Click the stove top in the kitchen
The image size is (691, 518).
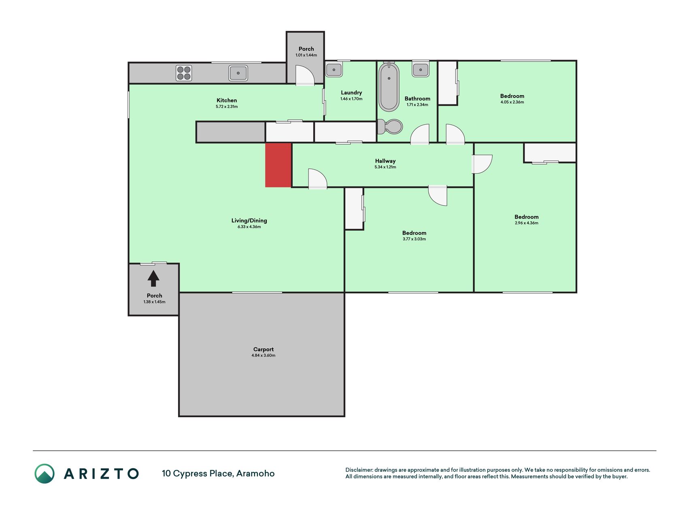click(x=184, y=73)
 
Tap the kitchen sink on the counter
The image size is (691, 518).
click(x=238, y=73)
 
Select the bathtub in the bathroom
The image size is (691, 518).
click(x=389, y=87)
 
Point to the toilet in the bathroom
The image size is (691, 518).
click(x=390, y=127)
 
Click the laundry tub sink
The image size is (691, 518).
click(x=334, y=69)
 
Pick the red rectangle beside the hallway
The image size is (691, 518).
click(x=278, y=165)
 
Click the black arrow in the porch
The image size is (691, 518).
click(x=153, y=278)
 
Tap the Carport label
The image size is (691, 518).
click(x=264, y=349)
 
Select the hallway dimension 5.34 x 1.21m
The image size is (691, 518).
click(x=385, y=167)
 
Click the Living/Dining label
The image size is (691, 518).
click(x=249, y=221)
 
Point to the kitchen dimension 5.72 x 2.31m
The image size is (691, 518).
click(x=227, y=107)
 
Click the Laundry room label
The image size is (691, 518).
click(x=351, y=93)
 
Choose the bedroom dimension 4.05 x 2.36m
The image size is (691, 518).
click(x=512, y=102)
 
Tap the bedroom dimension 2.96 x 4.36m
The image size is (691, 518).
click(x=527, y=223)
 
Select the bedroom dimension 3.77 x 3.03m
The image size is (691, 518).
click(x=414, y=239)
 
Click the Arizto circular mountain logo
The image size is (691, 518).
click(x=45, y=473)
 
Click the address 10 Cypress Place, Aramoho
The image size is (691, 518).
click(x=218, y=473)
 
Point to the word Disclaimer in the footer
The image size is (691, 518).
click(x=359, y=470)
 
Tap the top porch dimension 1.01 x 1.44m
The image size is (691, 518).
click(x=306, y=55)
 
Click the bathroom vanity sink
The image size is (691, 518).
click(x=421, y=69)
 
